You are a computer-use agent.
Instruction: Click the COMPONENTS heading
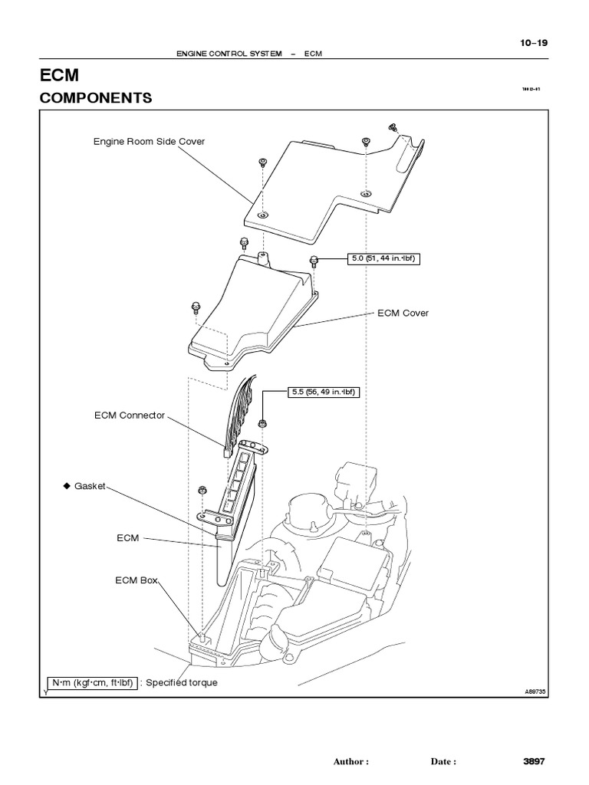(95, 98)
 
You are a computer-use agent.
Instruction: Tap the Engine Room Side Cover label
(149, 141)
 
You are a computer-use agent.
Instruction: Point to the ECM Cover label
(403, 313)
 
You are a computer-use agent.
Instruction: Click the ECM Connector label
(129, 415)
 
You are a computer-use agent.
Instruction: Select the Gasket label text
(90, 486)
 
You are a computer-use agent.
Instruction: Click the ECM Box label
(136, 580)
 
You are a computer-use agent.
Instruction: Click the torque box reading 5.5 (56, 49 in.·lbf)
(322, 392)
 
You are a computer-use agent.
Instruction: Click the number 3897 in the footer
(534, 761)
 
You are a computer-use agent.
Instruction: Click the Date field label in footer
(443, 762)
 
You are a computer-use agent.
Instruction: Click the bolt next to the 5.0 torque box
(314, 261)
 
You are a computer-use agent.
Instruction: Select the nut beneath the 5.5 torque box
(263, 423)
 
